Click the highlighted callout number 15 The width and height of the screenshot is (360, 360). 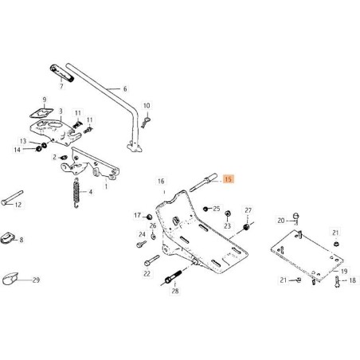(x=228, y=180)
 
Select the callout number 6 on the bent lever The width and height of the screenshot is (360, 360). (x=125, y=89)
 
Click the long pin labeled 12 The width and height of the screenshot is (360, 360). (x=14, y=202)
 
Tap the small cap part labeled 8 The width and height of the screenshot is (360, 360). (x=10, y=237)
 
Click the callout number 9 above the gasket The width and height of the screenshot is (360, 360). (x=45, y=99)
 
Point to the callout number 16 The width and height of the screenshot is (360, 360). (x=161, y=182)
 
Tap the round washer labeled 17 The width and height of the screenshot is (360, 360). (x=148, y=216)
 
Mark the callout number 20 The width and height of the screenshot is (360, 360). (x=280, y=221)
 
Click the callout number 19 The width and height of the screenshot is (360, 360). (x=343, y=271)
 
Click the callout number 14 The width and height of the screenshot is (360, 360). (x=16, y=150)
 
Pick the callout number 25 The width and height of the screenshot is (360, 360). (x=216, y=208)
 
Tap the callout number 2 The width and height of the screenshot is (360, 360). (x=55, y=157)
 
